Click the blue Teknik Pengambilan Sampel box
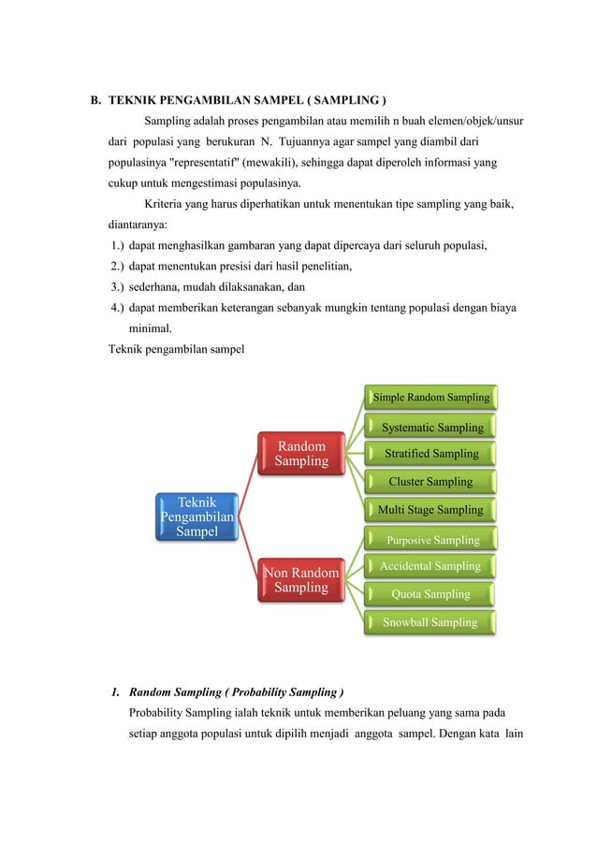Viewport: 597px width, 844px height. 197,517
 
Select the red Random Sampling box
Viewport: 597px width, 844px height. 302,454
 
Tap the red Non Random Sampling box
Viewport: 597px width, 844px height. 302,579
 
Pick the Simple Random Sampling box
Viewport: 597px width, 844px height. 430,398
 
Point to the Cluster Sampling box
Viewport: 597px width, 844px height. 430,482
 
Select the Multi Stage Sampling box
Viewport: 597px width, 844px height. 430,510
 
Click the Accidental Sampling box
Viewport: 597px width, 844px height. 430,566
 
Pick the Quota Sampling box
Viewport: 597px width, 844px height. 430,594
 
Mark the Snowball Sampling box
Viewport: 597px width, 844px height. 430,622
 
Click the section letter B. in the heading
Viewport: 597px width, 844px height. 95,100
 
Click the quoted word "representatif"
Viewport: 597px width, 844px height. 220,162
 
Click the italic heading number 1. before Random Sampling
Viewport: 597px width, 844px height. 115,692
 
